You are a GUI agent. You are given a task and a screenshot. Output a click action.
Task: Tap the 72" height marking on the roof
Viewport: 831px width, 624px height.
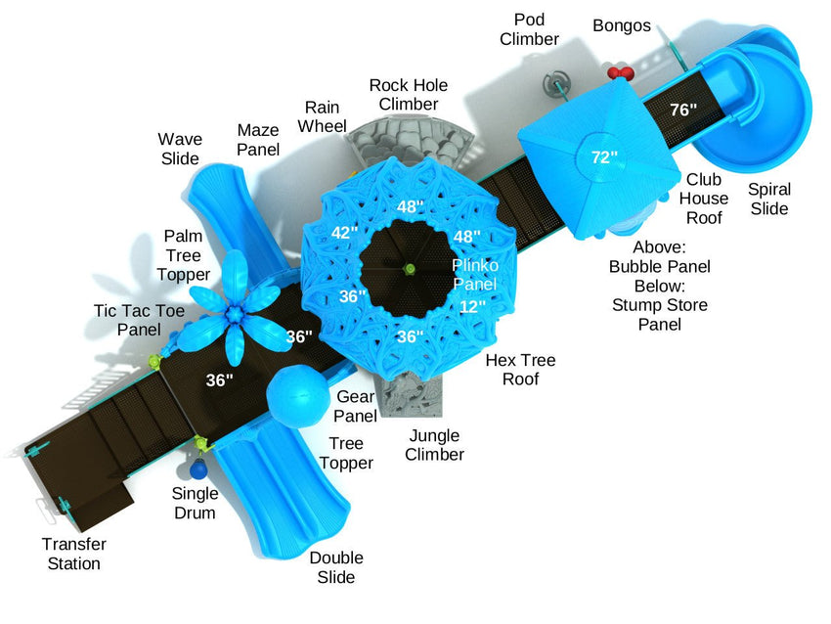click(x=604, y=156)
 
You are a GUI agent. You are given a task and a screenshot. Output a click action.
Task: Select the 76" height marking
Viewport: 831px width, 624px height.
click(x=683, y=111)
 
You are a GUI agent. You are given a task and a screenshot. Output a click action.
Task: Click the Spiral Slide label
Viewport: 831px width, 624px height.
click(x=768, y=199)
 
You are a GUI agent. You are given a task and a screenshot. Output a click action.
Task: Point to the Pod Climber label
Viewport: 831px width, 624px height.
click(x=529, y=29)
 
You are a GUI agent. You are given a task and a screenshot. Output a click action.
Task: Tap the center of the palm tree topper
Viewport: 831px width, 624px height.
click(x=235, y=313)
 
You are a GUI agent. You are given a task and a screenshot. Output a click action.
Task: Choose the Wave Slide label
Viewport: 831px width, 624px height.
click(x=180, y=149)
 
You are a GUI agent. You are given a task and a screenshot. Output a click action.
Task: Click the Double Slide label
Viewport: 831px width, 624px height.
click(x=336, y=567)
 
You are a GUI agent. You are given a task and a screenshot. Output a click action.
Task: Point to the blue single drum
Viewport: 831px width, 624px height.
click(x=197, y=470)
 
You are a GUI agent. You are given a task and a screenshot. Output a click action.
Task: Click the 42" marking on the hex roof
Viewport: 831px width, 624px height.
click(x=344, y=234)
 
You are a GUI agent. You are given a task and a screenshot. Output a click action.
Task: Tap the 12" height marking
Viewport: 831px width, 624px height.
click(x=472, y=306)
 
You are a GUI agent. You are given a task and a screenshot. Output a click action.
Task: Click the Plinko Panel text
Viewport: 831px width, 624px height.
click(x=474, y=275)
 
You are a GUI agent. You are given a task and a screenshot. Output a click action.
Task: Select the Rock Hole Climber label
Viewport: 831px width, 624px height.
click(x=409, y=94)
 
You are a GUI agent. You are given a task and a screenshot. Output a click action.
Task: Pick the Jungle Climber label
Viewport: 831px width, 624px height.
click(x=434, y=444)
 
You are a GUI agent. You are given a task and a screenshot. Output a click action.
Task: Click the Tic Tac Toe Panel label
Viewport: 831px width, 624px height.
click(x=139, y=320)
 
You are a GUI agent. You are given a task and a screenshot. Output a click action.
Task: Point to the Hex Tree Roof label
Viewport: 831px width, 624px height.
click(x=520, y=370)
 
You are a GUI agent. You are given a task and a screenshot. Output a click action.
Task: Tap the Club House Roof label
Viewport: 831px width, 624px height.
click(x=706, y=199)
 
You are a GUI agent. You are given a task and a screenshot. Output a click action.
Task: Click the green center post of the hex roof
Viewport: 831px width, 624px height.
click(x=411, y=269)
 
